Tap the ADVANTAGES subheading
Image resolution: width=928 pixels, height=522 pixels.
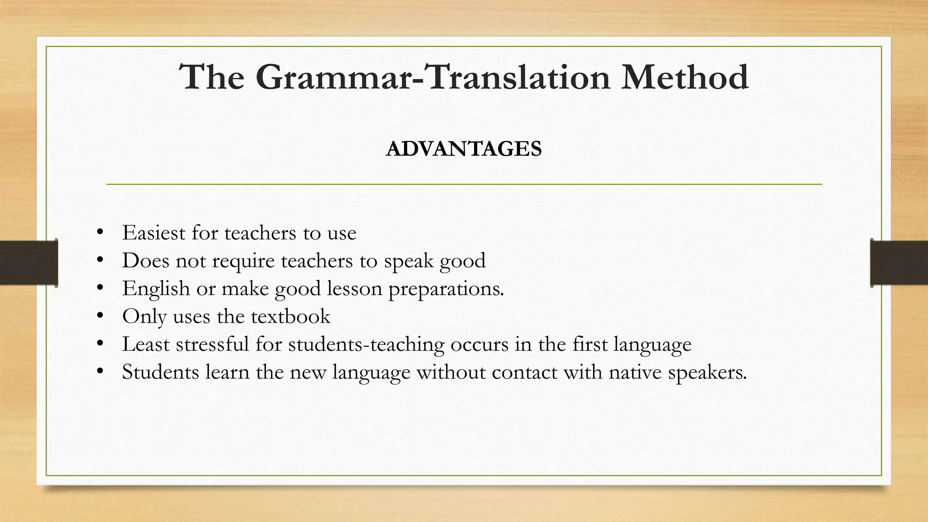464,149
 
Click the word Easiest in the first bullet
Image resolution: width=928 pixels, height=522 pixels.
154,233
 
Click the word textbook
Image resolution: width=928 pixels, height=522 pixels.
290,316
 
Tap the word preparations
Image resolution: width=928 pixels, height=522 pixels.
446,289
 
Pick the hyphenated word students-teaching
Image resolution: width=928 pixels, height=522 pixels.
366,344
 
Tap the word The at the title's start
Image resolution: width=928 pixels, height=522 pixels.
212,77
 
